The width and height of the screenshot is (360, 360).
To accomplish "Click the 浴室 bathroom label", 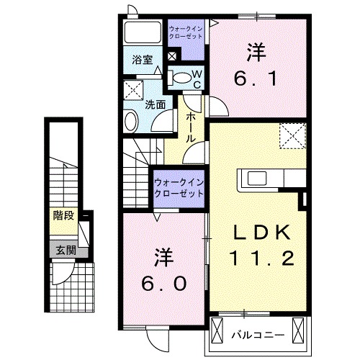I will click(142, 61).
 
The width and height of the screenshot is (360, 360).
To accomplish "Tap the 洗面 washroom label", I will click(155, 104).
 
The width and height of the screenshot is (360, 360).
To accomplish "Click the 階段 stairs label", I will click(63, 215).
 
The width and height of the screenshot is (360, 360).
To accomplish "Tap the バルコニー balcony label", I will click(258, 336).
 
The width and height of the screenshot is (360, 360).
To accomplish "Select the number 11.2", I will click(264, 257).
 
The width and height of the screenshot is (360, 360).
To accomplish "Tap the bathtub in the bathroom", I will click(141, 33).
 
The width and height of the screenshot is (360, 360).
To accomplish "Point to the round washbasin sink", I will click(132, 120).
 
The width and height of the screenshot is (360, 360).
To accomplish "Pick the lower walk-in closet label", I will click(177, 188).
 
